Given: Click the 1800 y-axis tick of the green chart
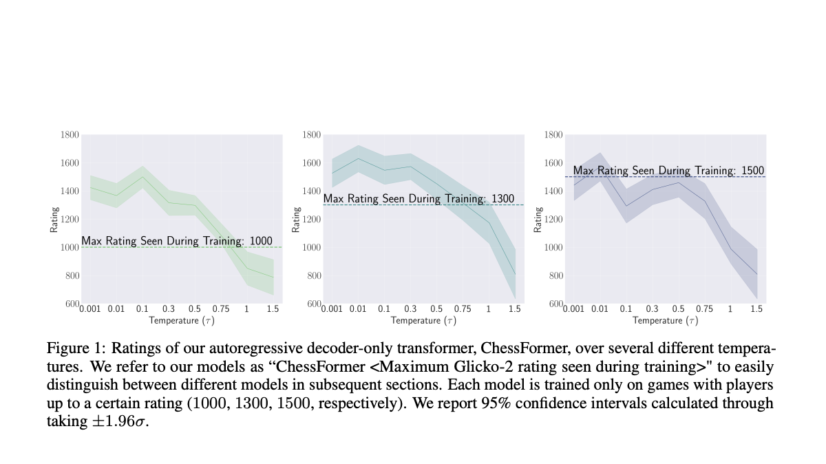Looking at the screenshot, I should click(x=70, y=134).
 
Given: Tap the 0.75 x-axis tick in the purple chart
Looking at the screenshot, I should click(x=705, y=309).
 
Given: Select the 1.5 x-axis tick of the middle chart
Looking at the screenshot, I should click(x=515, y=309).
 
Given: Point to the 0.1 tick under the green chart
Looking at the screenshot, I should click(x=142, y=309).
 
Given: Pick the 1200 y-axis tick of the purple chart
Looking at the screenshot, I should click(x=553, y=219).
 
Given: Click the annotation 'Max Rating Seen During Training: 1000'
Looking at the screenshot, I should click(x=177, y=241).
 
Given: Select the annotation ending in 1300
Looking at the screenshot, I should click(x=419, y=199).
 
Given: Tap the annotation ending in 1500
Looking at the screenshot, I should click(x=668, y=171).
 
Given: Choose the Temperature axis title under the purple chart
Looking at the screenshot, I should click(x=665, y=320).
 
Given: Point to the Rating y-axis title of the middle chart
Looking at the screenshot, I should click(x=296, y=219).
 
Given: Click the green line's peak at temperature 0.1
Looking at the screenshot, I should click(x=142, y=177).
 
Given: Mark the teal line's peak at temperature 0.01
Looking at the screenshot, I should click(x=358, y=158).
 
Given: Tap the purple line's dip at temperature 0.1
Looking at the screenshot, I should click(x=626, y=206).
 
